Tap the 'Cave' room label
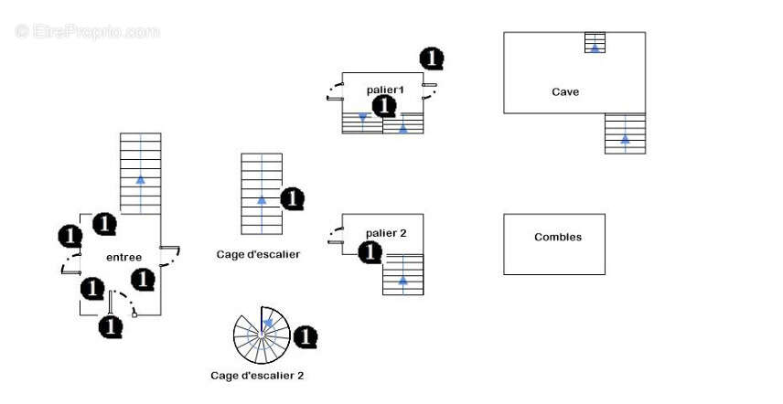(565, 91)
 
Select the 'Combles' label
(558, 237)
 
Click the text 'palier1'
(385, 90)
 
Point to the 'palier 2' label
(386, 233)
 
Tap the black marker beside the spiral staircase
(306, 337)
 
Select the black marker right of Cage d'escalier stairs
(292, 198)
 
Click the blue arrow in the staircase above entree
(140, 180)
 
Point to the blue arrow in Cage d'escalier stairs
(262, 198)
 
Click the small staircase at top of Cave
(595, 43)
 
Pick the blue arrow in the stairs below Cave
(625, 139)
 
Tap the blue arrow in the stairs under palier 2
(403, 280)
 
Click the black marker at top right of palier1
(432, 58)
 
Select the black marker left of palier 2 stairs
(370, 252)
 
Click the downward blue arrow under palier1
(363, 118)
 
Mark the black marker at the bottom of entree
(111, 325)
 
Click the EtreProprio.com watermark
(88, 31)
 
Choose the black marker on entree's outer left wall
(70, 236)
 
